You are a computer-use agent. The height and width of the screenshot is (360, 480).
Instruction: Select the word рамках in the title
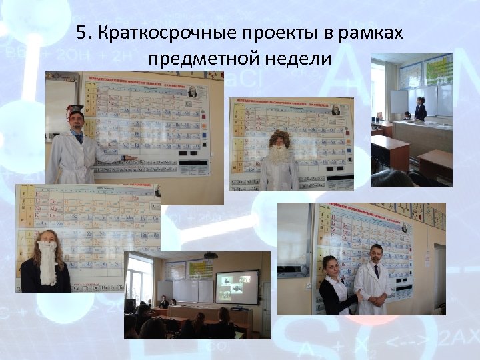[x=371, y=33]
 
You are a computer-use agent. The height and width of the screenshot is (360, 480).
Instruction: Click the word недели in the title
[x=299, y=59]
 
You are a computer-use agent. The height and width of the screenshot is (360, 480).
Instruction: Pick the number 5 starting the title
[x=82, y=33]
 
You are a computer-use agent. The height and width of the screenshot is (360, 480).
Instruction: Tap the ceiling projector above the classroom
[x=209, y=255]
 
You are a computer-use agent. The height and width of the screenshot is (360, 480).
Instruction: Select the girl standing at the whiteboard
[x=420, y=108]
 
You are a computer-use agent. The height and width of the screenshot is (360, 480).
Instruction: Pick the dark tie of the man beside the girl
[x=376, y=271]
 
